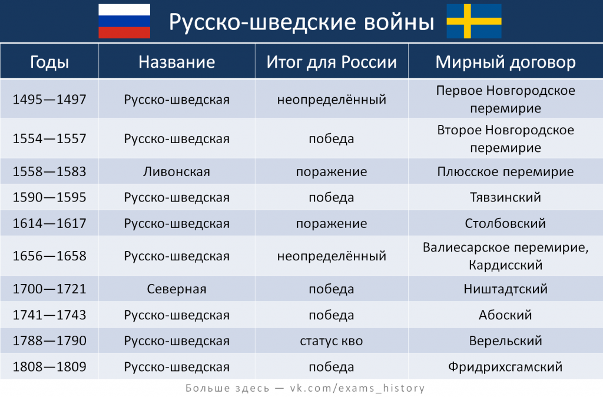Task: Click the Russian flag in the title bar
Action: (124, 21)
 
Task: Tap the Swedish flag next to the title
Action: (474, 21)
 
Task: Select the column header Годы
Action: (49, 62)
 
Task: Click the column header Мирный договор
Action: (505, 62)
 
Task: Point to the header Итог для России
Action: (332, 62)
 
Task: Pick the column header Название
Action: (177, 62)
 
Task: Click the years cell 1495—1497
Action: (49, 99)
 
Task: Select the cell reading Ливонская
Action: (177, 171)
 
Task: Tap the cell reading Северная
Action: (177, 289)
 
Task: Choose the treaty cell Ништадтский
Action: (505, 289)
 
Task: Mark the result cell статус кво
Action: (332, 341)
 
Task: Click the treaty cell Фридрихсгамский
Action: (505, 366)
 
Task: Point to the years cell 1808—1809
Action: (49, 366)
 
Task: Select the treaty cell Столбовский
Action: (505, 223)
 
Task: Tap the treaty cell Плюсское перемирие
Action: (505, 171)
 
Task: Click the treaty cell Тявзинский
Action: (505, 197)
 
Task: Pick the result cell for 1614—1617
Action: (332, 223)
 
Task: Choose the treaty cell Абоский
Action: (505, 315)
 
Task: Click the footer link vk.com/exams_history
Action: (357, 388)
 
